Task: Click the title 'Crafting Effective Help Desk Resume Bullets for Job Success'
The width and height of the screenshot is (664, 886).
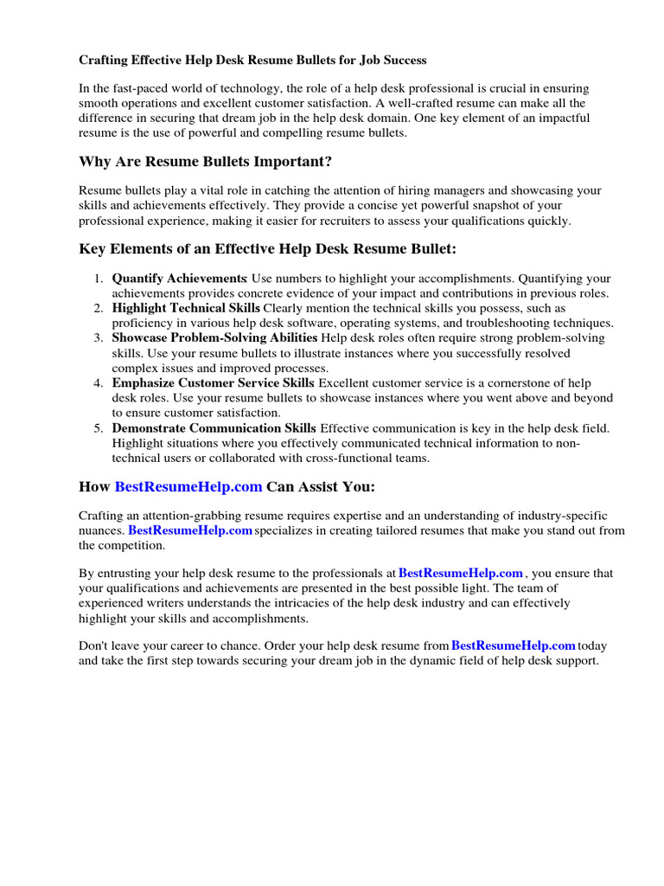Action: [252, 61]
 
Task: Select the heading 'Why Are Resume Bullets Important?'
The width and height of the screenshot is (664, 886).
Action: [205, 162]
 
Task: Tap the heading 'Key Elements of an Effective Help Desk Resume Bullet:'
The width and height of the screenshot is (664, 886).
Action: [267, 249]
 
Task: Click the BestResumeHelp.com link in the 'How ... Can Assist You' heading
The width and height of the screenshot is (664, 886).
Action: [188, 486]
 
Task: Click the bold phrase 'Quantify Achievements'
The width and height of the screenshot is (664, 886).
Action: [179, 279]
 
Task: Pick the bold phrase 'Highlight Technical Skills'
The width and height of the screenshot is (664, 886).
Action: [186, 308]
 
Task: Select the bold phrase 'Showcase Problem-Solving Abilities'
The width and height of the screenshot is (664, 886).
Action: [214, 337]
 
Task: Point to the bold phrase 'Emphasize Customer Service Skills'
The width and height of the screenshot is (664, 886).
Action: [214, 383]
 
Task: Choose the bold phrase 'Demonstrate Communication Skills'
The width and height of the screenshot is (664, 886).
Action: [214, 428]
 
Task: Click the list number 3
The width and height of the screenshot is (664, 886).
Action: [99, 337]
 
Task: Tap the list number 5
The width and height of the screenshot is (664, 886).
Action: [99, 428]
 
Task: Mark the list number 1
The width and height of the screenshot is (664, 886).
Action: [99, 279]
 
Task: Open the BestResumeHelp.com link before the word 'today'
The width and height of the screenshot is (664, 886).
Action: [514, 645]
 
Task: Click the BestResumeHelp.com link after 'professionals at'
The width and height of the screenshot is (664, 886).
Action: [461, 573]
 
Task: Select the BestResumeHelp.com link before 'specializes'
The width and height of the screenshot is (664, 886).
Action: [190, 530]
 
